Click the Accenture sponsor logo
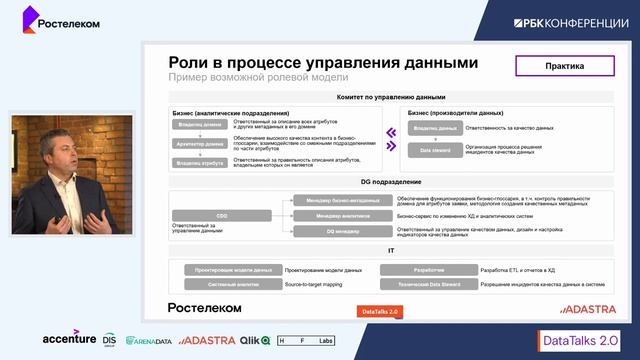coord(69,339)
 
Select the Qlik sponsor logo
coord(256,340)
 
